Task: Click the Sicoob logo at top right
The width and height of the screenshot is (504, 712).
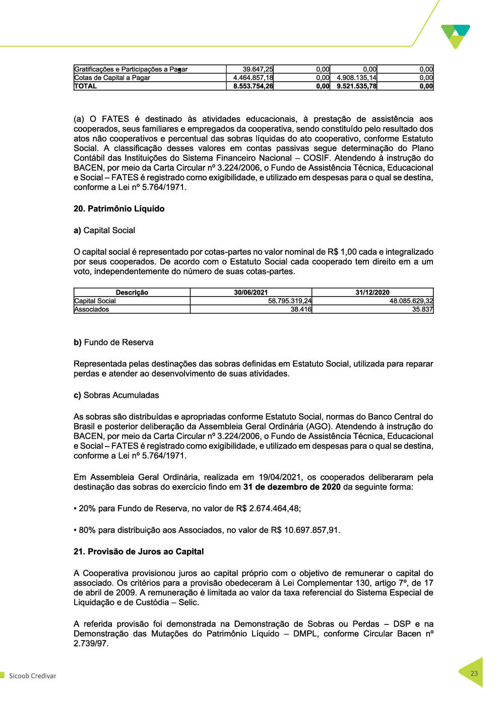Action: click(456, 36)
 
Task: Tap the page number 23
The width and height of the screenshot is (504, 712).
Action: click(474, 673)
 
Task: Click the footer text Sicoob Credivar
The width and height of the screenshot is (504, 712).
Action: click(32, 676)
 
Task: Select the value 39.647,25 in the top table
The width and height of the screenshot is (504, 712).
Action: click(258, 69)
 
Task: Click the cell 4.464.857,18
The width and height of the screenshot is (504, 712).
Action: click(253, 78)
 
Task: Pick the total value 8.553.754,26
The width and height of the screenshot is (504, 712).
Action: click(253, 86)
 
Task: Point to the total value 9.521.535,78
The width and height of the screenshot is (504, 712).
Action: click(357, 86)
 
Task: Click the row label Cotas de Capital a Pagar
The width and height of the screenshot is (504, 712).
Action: click(112, 78)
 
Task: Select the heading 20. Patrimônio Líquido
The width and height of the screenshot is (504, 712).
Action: click(119, 208)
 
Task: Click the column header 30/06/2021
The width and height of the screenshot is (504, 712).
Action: click(251, 293)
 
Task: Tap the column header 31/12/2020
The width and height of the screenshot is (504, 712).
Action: click(372, 293)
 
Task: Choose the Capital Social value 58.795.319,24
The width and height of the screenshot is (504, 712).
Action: click(290, 301)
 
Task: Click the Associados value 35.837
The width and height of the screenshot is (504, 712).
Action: click(422, 310)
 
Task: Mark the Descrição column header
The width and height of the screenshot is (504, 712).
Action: click(132, 293)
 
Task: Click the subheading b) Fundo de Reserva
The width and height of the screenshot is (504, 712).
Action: click(113, 342)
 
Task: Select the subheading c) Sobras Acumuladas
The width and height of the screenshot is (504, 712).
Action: click(116, 395)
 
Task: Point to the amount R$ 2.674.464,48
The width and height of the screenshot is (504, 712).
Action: click(267, 509)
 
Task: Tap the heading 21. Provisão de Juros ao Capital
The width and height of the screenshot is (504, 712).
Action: click(139, 551)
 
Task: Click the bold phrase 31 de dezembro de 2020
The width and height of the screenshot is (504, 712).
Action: click(292, 487)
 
